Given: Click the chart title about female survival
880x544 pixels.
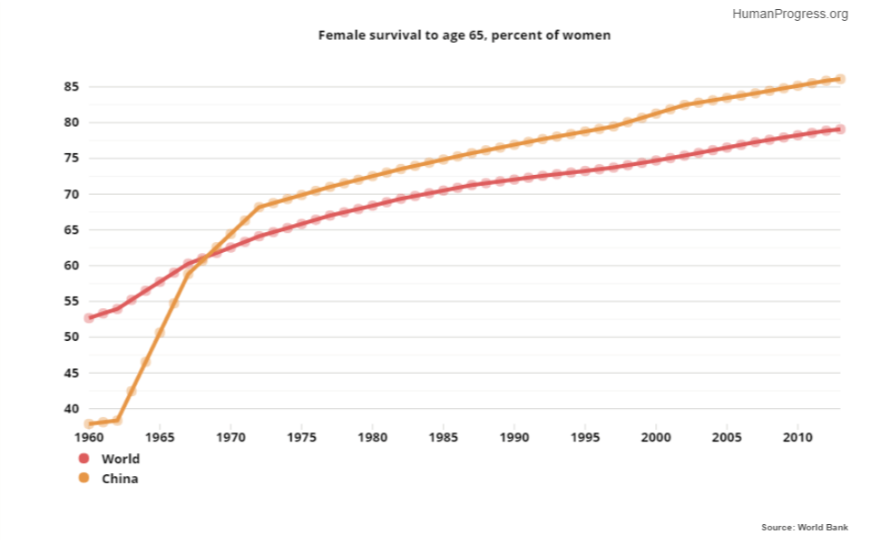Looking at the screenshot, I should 464,35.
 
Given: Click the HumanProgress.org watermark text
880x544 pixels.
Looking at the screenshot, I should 789,14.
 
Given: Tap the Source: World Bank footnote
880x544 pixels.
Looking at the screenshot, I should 805,527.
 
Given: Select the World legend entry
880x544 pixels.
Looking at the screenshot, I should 120,459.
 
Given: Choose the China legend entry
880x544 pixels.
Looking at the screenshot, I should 120,478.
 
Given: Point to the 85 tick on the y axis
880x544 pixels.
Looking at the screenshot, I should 72,87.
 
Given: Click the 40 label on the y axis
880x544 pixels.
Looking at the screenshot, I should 72,409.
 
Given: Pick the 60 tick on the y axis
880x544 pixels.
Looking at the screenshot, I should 72,266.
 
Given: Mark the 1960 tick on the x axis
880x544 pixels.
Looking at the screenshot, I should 89,436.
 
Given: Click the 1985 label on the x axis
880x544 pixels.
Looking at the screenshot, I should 443,436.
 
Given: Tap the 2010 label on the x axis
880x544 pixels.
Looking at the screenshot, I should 797,436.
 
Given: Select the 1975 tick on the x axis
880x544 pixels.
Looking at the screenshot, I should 301,436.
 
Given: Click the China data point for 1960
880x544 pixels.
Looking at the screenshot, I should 89,423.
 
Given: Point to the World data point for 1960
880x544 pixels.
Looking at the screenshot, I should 89,318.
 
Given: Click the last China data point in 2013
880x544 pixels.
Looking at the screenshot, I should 840,79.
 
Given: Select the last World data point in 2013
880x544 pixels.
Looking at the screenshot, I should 840,130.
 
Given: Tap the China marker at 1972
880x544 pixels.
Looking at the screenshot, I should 259,208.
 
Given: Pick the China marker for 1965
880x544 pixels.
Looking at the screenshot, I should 160,333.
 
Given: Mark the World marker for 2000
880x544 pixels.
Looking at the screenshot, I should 656,160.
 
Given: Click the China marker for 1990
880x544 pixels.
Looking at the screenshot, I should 514,145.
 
